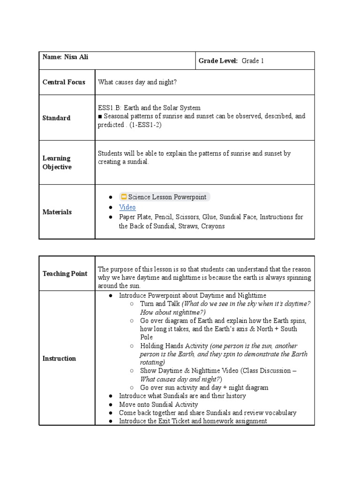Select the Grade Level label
click(218, 61)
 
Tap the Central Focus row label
click(64, 82)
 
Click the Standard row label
click(56, 118)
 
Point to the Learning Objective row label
click(57, 163)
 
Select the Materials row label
click(57, 212)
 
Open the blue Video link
click(127, 207)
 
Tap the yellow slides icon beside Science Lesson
click(124, 197)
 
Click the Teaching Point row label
click(65, 273)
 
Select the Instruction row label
click(59, 358)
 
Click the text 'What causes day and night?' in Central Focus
click(137, 82)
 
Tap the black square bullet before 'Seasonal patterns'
click(100, 116)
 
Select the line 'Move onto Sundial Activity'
click(158, 404)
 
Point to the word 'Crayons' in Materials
click(213, 226)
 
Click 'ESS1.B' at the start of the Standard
click(108, 108)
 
